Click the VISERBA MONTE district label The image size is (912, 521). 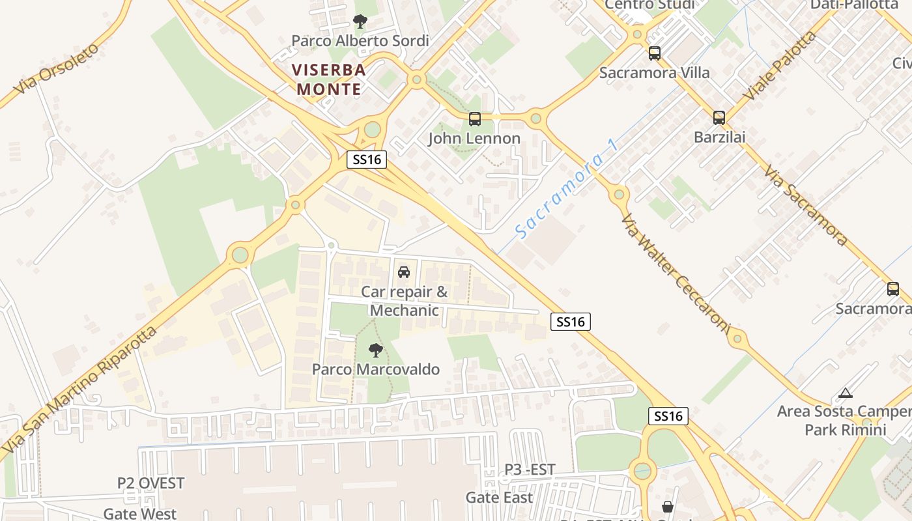(x=329, y=79)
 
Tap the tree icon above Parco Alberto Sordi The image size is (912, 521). (x=360, y=21)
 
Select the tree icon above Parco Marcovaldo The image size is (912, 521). (x=375, y=350)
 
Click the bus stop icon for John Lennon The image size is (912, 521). (x=475, y=119)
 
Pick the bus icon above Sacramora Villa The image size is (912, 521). (x=654, y=53)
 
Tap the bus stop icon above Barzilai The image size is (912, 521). (x=719, y=118)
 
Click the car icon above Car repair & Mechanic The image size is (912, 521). (x=404, y=272)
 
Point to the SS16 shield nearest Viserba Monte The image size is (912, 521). (x=367, y=160)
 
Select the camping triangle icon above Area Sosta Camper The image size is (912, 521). (x=845, y=393)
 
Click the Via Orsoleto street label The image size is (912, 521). (x=57, y=68)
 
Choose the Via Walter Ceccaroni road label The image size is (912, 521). (x=674, y=274)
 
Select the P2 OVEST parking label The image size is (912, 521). (x=150, y=483)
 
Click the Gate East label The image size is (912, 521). (x=499, y=498)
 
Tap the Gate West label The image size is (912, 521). (x=139, y=514)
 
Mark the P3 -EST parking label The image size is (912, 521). (x=530, y=470)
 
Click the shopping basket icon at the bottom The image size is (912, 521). (x=668, y=507)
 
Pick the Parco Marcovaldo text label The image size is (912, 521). (x=376, y=370)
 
